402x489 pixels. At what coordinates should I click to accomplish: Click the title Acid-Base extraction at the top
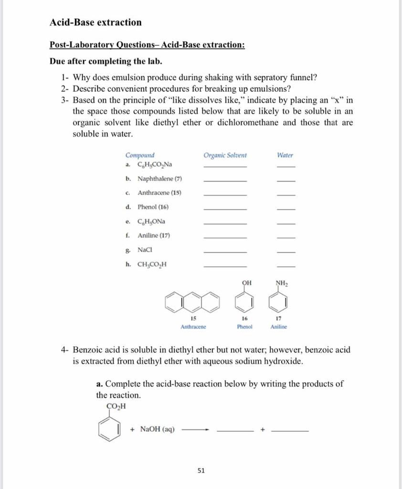tap(95, 22)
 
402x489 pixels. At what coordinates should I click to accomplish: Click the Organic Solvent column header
tap(225, 155)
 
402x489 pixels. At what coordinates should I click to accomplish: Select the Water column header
tap(285, 155)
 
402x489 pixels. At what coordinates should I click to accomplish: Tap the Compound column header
tap(140, 155)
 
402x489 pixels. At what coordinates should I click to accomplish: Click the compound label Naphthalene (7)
tap(159, 179)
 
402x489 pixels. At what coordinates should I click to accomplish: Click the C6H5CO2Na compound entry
tap(155, 165)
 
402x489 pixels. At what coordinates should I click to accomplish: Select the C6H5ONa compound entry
tap(151, 221)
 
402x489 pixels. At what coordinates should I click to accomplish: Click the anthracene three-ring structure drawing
tap(193, 301)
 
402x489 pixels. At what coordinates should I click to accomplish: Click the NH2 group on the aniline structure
tap(282, 283)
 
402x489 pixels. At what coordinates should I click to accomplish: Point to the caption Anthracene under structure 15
tap(193, 327)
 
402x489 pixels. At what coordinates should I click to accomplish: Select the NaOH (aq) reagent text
tap(157, 429)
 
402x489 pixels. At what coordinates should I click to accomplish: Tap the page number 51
tap(201, 470)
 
